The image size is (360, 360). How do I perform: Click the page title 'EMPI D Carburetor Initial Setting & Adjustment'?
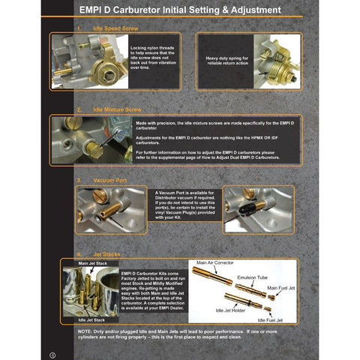(180, 11)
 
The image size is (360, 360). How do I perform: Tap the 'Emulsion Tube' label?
(252, 276)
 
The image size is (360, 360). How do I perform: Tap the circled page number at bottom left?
(52, 353)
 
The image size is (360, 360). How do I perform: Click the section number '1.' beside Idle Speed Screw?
(79, 27)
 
